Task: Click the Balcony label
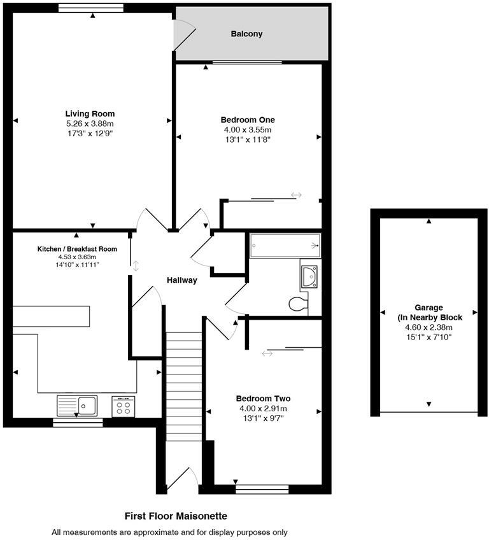[x=246, y=34]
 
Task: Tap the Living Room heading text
[x=90, y=113]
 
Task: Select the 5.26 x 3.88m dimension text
[x=90, y=124]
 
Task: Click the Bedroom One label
[x=248, y=120]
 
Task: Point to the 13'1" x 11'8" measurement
[x=248, y=139]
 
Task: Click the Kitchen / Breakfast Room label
[x=77, y=249]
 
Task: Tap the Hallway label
[x=182, y=280]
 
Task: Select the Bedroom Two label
[x=263, y=399]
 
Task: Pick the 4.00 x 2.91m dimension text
[x=263, y=408]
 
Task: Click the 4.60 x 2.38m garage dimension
[x=429, y=327]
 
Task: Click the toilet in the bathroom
[x=298, y=304]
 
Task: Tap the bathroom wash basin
[x=309, y=276]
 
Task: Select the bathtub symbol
[x=285, y=246]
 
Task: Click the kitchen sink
[x=77, y=406]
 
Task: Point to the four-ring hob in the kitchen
[x=124, y=406]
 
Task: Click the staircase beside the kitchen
[x=183, y=387]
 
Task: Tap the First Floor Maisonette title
[x=176, y=516]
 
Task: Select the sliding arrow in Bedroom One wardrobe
[x=296, y=195]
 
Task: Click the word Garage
[x=429, y=308]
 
